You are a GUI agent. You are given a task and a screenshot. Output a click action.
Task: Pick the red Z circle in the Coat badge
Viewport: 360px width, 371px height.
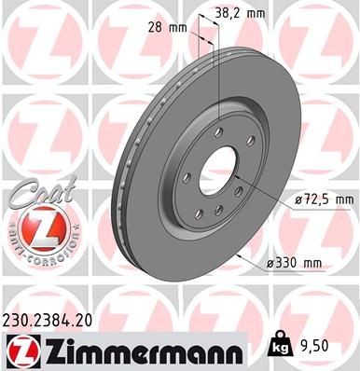35,227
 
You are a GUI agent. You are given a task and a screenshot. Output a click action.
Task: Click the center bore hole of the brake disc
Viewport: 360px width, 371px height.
220,169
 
